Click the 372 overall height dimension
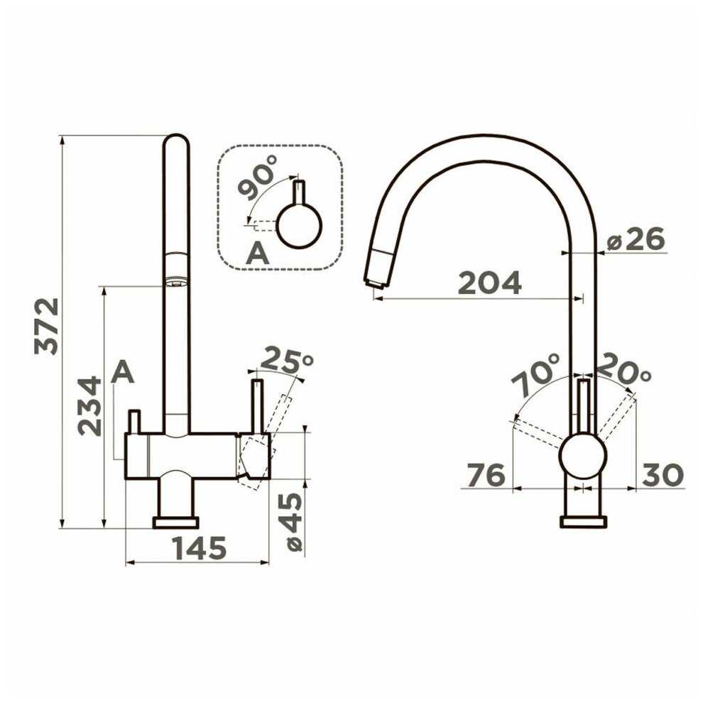47,326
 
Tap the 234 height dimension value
89,406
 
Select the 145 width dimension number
200,548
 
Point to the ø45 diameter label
294,523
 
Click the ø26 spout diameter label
636,239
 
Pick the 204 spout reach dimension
489,283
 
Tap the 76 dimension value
486,475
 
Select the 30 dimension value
663,475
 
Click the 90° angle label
257,177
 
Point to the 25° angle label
287,360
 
